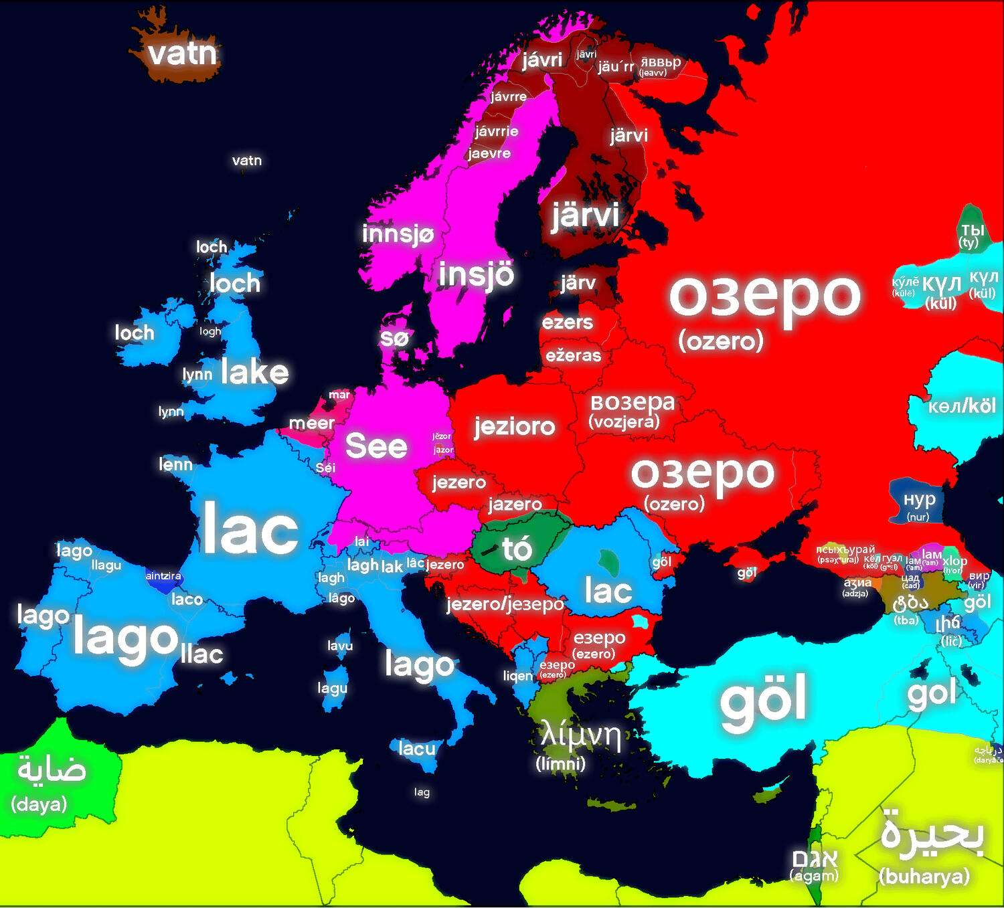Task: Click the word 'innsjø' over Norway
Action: (398, 234)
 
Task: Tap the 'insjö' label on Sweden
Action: (476, 275)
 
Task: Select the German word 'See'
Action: (376, 446)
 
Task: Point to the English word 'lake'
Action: (254, 372)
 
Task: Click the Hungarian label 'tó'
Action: (517, 549)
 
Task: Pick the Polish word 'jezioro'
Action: (514, 426)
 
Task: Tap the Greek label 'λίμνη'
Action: (580, 735)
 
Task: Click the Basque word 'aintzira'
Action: (163, 575)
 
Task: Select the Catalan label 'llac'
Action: (201, 654)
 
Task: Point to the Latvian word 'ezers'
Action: (567, 323)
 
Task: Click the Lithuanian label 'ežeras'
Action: (573, 355)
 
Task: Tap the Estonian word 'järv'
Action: (578, 283)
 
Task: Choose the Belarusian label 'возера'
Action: (632, 403)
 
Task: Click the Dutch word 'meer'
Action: (311, 423)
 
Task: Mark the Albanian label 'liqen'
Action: (518, 676)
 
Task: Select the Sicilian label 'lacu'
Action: (416, 748)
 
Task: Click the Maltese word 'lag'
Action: (422, 792)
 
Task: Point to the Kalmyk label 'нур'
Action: (919, 499)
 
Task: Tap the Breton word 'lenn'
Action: (175, 464)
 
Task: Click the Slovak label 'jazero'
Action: (515, 504)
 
